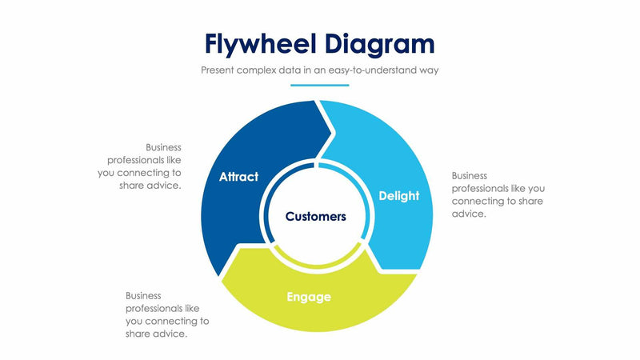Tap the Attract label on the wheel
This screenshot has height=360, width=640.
tap(238, 177)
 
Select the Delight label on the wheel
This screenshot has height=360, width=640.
tap(398, 196)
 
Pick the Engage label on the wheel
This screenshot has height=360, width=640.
tap(309, 298)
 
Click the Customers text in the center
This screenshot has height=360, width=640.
tap(316, 216)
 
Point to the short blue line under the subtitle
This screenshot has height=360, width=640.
tap(319, 85)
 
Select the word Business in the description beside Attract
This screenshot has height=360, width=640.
tap(163, 147)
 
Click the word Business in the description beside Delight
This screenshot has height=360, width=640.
tap(470, 175)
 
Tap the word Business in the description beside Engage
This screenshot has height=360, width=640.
tap(144, 295)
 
